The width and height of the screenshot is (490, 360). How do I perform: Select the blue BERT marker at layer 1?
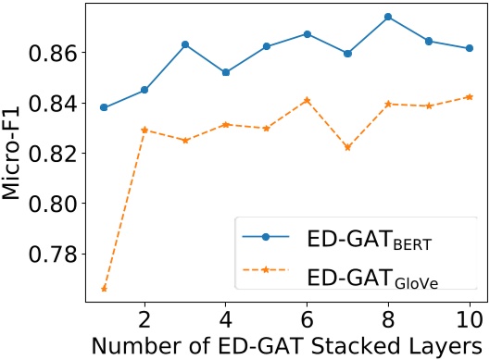tap(104, 107)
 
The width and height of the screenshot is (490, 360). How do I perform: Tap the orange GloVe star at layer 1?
tap(104, 289)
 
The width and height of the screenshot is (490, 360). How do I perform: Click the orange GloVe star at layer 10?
tap(470, 96)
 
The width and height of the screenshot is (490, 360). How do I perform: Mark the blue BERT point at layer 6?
tap(307, 33)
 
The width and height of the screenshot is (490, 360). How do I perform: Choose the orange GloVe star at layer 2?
tap(144, 130)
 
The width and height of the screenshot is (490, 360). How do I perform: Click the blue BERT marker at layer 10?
tap(470, 48)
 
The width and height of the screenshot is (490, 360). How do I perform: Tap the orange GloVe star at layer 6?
tap(307, 100)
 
